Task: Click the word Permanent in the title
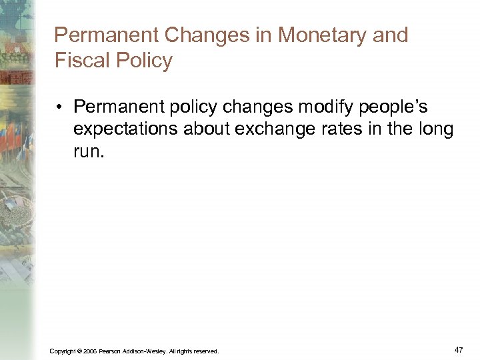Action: tap(105, 35)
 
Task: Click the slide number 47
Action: tap(458, 349)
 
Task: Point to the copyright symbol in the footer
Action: tap(79, 351)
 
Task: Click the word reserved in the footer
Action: tap(205, 351)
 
